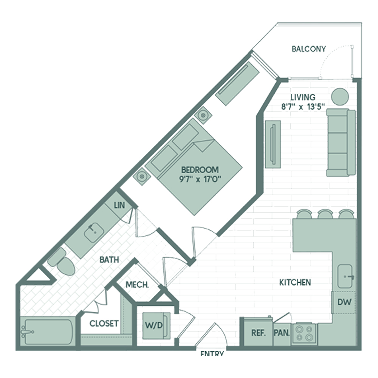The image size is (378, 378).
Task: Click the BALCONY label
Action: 308,49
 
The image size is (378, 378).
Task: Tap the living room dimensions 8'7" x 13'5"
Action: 303,107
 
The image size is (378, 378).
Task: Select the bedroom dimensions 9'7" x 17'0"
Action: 200,179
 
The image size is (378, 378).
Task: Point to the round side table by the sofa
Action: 340,97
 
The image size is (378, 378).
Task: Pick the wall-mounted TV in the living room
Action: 273,144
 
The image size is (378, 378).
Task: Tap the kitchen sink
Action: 345,276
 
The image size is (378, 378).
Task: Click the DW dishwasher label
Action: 344,302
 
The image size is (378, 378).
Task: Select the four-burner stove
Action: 304,334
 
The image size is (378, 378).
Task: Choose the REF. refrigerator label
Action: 259,333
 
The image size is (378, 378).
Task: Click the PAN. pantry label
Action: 282,333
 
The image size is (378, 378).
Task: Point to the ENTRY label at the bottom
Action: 212,353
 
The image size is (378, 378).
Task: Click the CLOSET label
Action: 104,323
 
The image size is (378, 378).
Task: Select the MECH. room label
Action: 137,285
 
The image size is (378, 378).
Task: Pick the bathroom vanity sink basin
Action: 94,232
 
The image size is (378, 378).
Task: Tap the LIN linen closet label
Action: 119,205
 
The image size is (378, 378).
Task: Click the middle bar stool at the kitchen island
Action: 325,214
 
